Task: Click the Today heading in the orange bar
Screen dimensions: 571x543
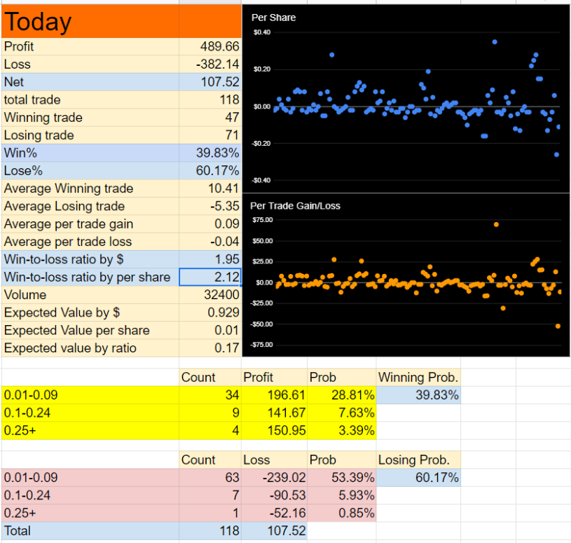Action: point(38,22)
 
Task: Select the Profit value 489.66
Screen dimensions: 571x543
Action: point(219,47)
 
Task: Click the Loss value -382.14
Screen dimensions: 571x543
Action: point(217,64)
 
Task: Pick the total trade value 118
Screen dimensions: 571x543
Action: point(229,99)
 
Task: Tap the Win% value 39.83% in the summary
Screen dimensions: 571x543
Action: point(217,153)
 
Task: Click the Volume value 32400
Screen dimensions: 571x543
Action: point(221,295)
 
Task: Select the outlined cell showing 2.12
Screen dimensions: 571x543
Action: point(210,277)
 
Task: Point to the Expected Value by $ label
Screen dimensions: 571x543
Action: point(62,312)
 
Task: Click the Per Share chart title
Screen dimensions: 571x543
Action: point(273,18)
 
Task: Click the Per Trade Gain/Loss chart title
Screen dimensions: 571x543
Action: point(295,206)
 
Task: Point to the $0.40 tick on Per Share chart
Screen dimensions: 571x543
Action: point(262,32)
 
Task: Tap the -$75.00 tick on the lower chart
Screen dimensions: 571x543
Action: point(261,345)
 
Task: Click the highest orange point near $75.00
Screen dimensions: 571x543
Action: point(496,225)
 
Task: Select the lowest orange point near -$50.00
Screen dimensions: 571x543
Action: point(558,327)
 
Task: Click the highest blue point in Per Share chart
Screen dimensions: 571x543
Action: point(495,42)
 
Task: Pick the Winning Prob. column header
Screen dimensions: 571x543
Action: point(418,377)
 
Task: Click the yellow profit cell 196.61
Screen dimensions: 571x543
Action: point(287,395)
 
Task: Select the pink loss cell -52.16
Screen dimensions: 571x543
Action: point(287,513)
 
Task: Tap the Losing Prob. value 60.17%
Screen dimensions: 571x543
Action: point(437,478)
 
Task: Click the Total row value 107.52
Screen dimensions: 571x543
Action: point(287,531)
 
